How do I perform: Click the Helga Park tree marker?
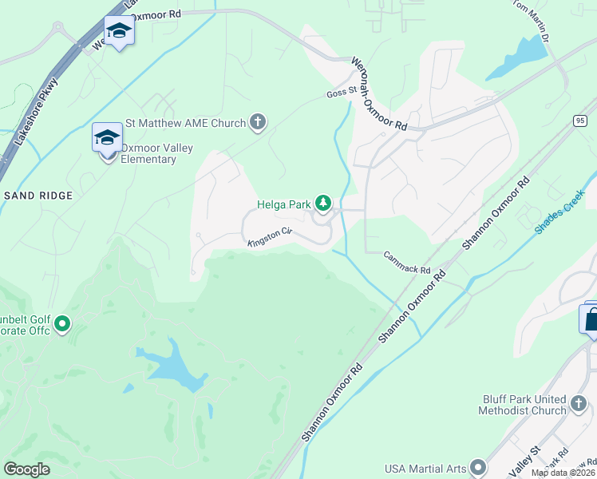(x=323, y=204)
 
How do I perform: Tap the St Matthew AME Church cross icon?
(x=257, y=122)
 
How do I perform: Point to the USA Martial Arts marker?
(x=478, y=467)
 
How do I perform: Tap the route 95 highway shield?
(x=579, y=120)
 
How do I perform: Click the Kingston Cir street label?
(x=270, y=236)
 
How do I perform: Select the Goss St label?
(x=341, y=93)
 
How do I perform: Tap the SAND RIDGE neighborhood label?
(x=38, y=196)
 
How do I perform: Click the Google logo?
(x=27, y=469)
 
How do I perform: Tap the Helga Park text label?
(x=283, y=204)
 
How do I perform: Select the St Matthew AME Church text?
(x=185, y=123)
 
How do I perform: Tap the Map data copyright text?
(x=563, y=473)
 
